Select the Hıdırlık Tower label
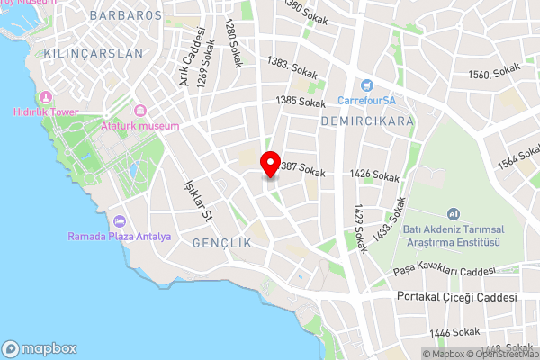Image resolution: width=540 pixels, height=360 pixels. pos(46,112)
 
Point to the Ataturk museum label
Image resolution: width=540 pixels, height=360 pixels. pos(140,126)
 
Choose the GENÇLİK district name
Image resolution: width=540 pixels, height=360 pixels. pos(217,244)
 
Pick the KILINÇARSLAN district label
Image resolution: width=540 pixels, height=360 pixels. pos(94,54)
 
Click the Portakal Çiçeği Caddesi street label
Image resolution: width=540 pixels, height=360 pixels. pos(457,298)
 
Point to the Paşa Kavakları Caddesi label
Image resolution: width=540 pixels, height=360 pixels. pos(445,271)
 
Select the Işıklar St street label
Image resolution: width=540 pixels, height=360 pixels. pos(197,199)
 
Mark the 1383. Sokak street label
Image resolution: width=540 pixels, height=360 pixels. pos(290,63)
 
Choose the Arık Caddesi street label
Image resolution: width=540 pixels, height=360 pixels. pos(188,58)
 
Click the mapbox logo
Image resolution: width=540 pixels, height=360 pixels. pos(40,348)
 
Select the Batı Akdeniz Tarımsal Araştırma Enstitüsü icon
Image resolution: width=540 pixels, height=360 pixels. pos(454,214)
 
